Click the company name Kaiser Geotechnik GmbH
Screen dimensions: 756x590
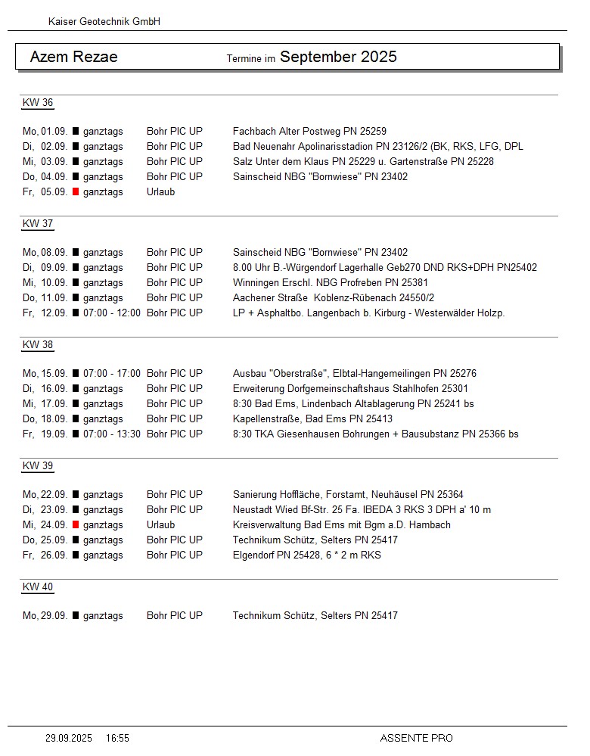pyautogui.click(x=104, y=22)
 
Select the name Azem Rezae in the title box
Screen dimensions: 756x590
pyautogui.click(x=74, y=57)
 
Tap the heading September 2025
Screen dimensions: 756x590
pyautogui.click(x=338, y=57)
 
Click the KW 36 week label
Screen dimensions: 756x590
pyautogui.click(x=38, y=103)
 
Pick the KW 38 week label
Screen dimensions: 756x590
pyautogui.click(x=38, y=345)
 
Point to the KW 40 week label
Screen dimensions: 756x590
pyautogui.click(x=38, y=587)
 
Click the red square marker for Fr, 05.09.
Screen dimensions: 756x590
pyautogui.click(x=76, y=192)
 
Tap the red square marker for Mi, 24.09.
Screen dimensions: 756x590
pyautogui.click(x=76, y=525)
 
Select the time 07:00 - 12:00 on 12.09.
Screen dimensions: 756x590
pyautogui.click(x=112, y=313)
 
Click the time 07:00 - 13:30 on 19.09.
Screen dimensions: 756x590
pyautogui.click(x=112, y=434)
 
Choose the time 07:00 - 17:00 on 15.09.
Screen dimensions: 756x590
pyautogui.click(x=112, y=373)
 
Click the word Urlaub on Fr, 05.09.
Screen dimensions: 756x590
pyautogui.click(x=160, y=191)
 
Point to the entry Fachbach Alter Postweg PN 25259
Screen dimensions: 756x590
pyautogui.click(x=309, y=131)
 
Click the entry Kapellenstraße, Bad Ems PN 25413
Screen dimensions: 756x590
pyautogui.click(x=312, y=418)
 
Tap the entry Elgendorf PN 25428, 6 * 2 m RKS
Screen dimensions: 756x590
pyautogui.click(x=306, y=555)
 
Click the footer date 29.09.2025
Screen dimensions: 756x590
pyautogui.click(x=69, y=738)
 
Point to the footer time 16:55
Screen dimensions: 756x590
pyautogui.click(x=117, y=738)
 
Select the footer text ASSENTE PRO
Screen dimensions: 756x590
pyautogui.click(x=416, y=738)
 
